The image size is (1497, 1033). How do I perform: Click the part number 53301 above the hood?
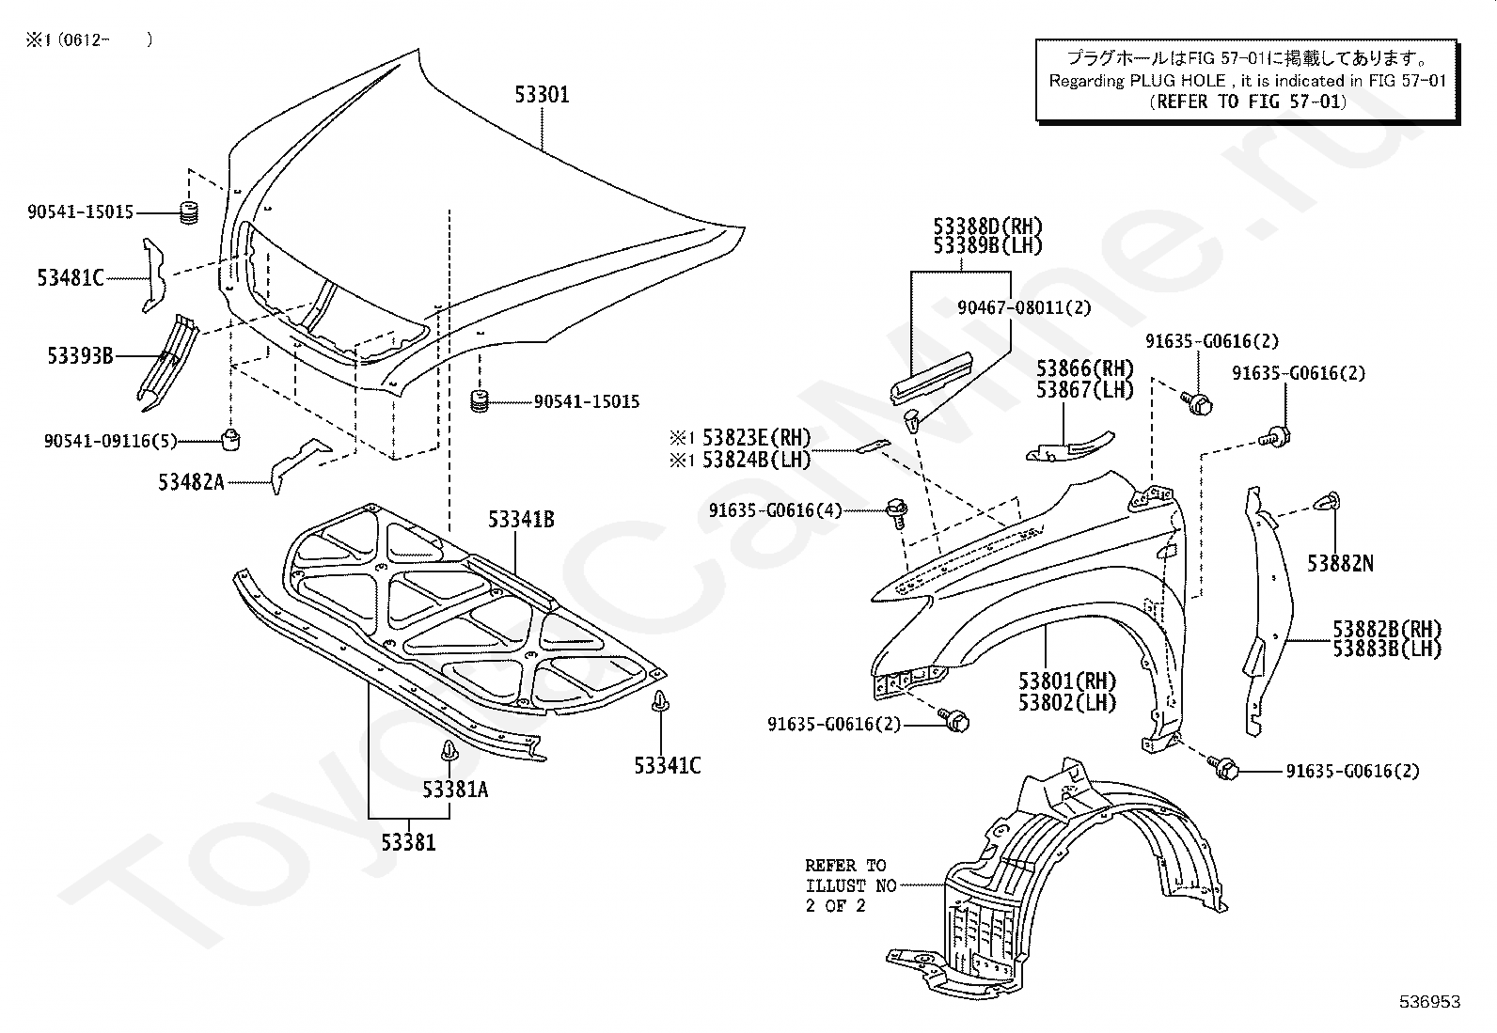(x=542, y=95)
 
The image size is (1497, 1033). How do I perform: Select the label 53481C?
(x=71, y=277)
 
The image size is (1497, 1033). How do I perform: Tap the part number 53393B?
(x=80, y=355)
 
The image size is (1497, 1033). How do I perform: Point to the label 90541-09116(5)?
(x=110, y=440)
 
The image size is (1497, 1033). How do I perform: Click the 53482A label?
(x=191, y=482)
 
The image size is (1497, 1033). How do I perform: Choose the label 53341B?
(x=521, y=519)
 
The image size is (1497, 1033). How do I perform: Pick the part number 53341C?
(x=667, y=765)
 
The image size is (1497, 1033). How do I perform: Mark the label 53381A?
(x=455, y=790)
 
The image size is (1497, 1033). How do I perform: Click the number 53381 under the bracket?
(x=408, y=842)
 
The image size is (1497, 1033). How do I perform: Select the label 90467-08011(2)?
(x=1024, y=307)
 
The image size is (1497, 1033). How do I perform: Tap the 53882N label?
(x=1340, y=563)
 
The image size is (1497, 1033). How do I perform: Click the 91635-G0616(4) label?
(x=776, y=510)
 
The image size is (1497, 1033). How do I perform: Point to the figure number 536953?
(x=1428, y=1002)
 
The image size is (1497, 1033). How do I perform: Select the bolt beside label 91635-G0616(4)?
(x=896, y=512)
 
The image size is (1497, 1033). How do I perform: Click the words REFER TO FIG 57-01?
(x=1248, y=102)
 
